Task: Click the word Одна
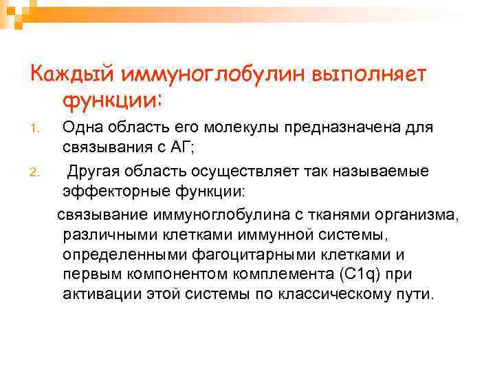click(85, 127)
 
